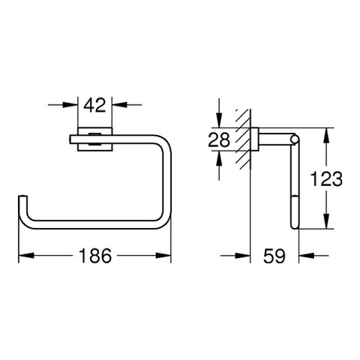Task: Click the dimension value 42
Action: (94, 105)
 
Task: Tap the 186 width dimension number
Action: (95, 256)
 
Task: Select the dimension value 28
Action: (219, 139)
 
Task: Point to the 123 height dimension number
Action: (326, 178)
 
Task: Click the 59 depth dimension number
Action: (274, 256)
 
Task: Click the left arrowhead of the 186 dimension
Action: (26, 256)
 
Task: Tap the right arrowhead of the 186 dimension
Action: (163, 256)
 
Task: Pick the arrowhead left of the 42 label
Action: (70, 105)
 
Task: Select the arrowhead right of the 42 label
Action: (119, 105)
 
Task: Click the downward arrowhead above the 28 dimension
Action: (219, 120)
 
